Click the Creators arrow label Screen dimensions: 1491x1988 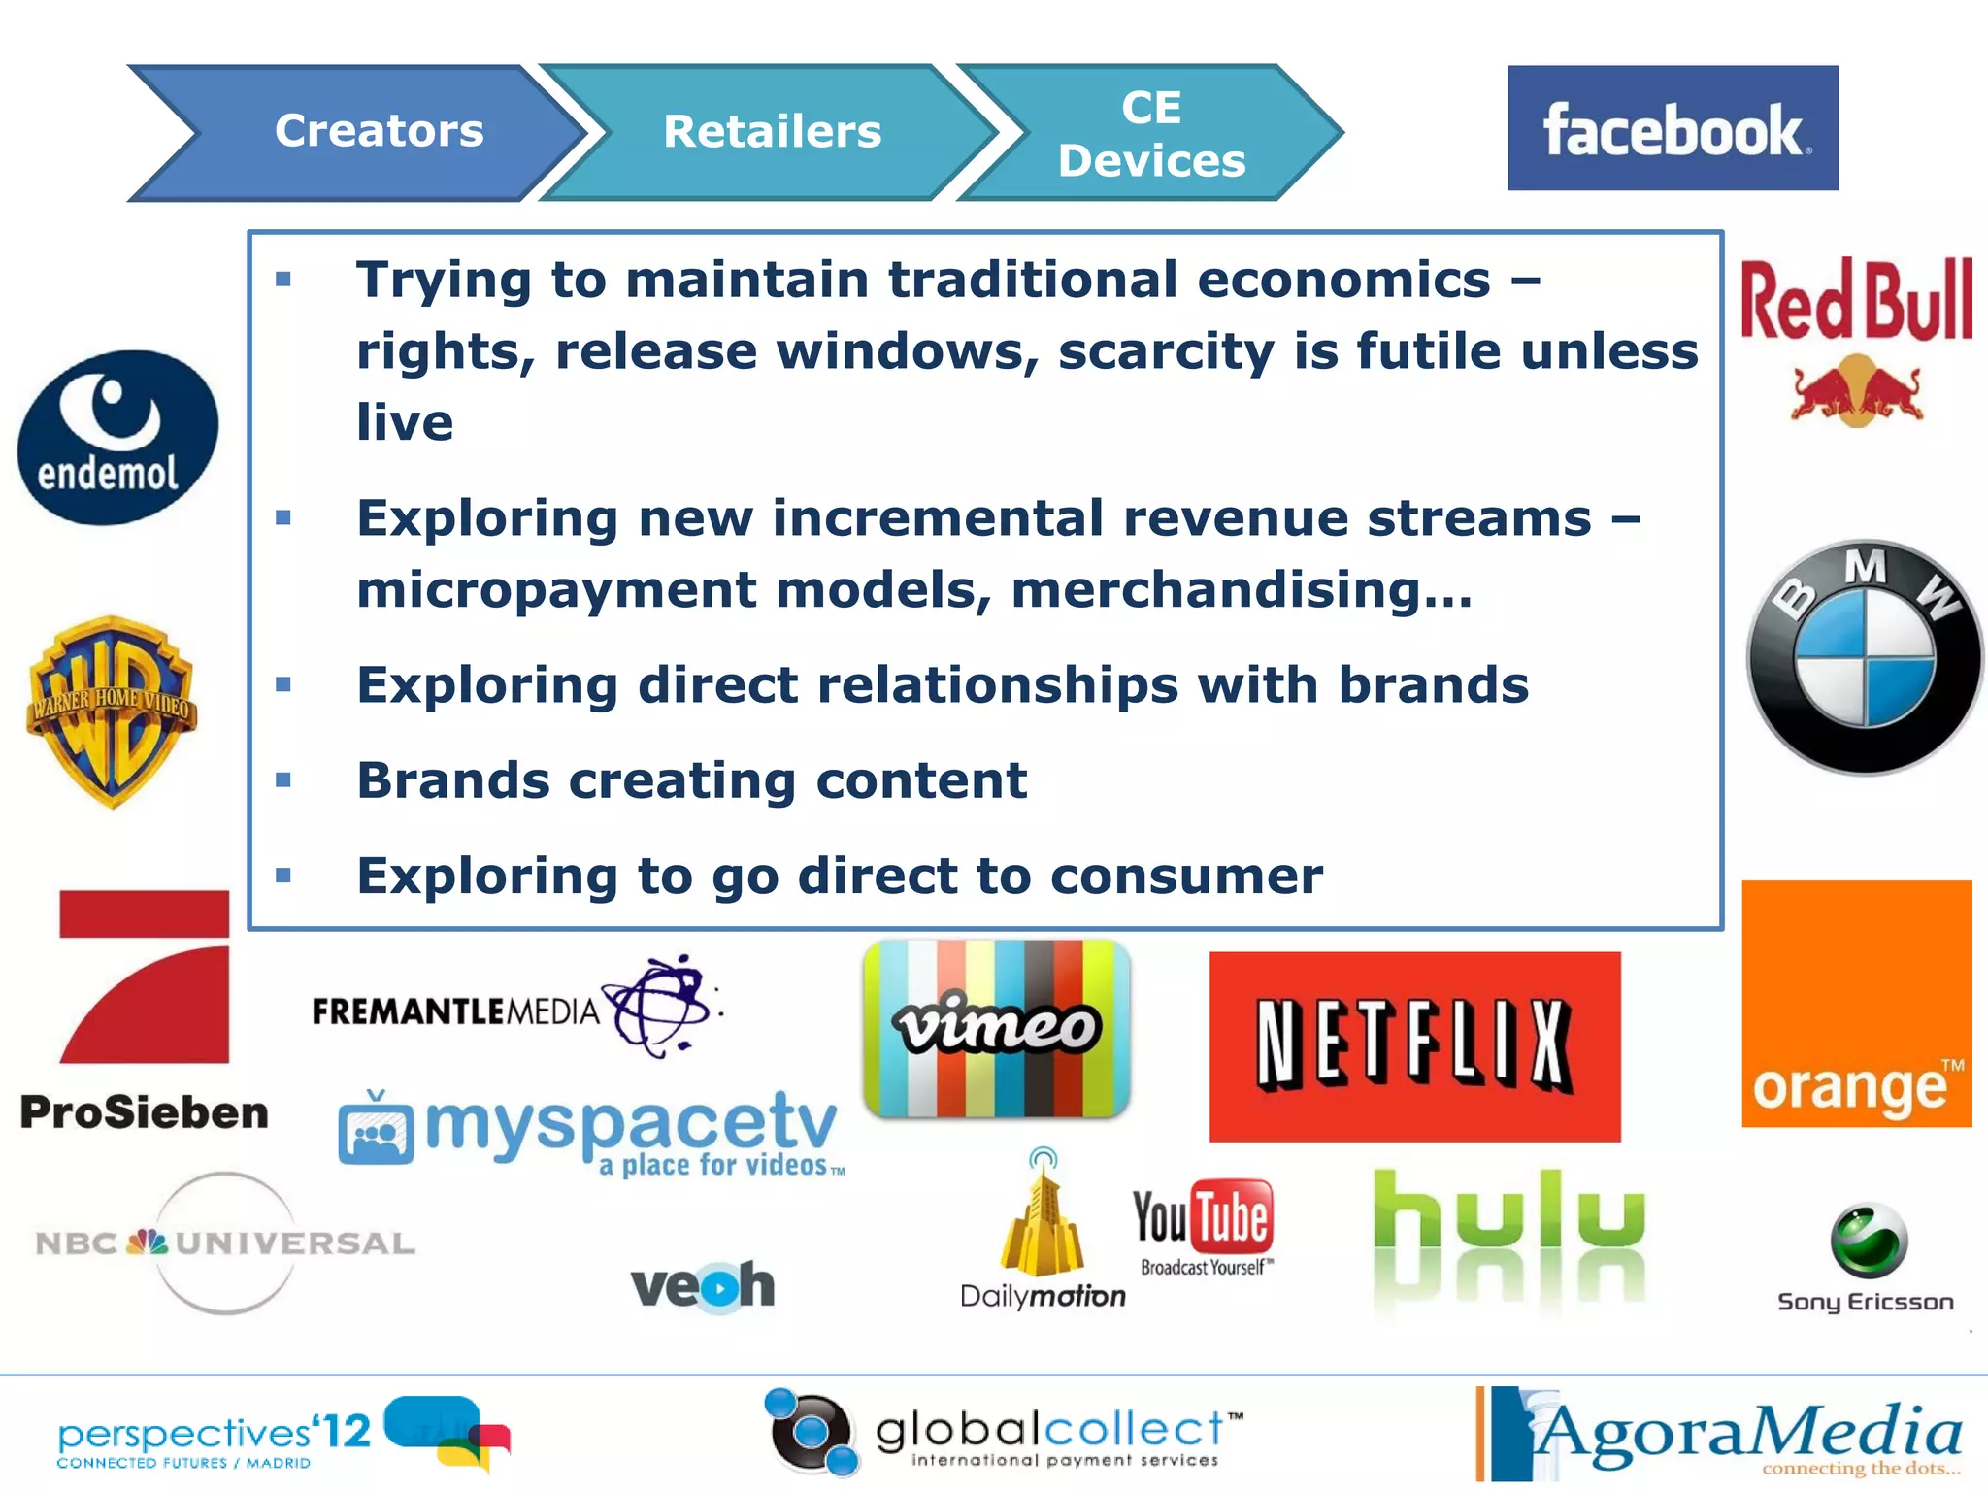(379, 131)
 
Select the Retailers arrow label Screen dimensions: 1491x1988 (772, 131)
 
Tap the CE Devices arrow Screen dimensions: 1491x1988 (1151, 133)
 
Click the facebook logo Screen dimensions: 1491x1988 (1672, 128)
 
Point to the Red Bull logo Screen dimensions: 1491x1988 (1856, 340)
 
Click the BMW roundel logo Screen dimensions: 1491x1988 (1864, 658)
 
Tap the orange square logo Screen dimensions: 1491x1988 (1856, 1004)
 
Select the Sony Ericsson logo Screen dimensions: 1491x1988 (1866, 1258)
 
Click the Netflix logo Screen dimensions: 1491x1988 (1414, 1045)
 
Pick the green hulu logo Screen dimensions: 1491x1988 (1508, 1223)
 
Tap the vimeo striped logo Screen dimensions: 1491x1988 (997, 1028)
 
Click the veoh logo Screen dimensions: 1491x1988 (703, 1285)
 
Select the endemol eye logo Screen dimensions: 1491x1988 (117, 438)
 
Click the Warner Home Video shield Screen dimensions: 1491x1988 (112, 712)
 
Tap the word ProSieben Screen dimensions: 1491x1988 (144, 1112)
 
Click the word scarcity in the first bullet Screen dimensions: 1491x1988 (1166, 351)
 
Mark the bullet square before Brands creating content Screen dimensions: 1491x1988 (283, 779)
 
